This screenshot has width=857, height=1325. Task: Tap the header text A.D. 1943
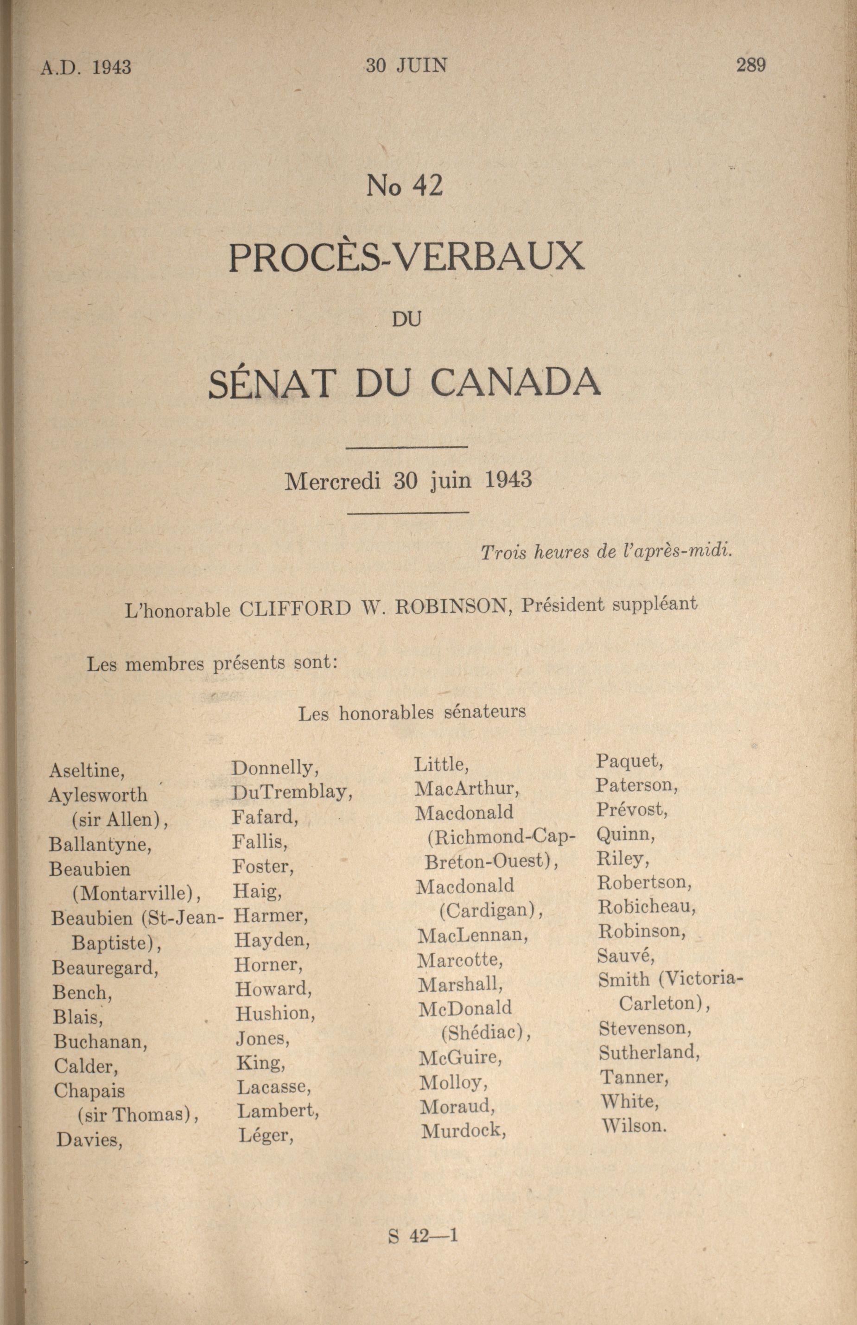click(86, 67)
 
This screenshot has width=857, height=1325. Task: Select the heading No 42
click(404, 186)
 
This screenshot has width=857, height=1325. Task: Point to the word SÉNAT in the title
click(273, 383)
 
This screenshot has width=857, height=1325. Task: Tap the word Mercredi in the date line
click(332, 481)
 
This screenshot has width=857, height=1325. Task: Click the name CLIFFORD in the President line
click(295, 609)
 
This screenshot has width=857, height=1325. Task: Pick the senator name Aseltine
click(86, 770)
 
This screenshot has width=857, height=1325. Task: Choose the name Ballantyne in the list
click(100, 844)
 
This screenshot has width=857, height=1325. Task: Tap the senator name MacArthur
click(466, 788)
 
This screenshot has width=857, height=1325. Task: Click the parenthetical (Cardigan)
click(490, 911)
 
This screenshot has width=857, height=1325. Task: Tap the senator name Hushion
click(275, 1013)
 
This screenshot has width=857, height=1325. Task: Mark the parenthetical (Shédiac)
click(485, 1033)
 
